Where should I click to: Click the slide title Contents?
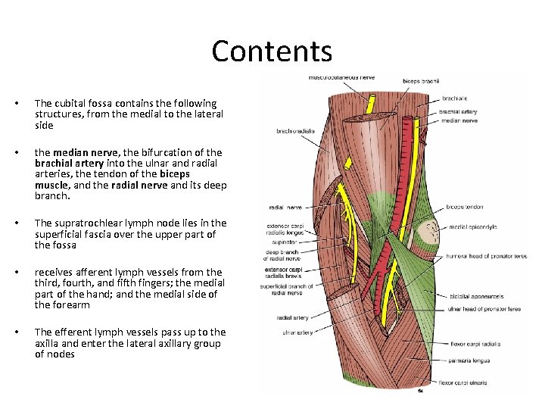(272, 51)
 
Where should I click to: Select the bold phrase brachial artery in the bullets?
(69, 163)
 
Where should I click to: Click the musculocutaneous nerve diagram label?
(342, 77)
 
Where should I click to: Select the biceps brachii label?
(421, 82)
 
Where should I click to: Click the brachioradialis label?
(296, 130)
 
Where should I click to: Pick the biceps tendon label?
(464, 206)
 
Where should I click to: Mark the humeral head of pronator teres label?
(487, 256)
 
